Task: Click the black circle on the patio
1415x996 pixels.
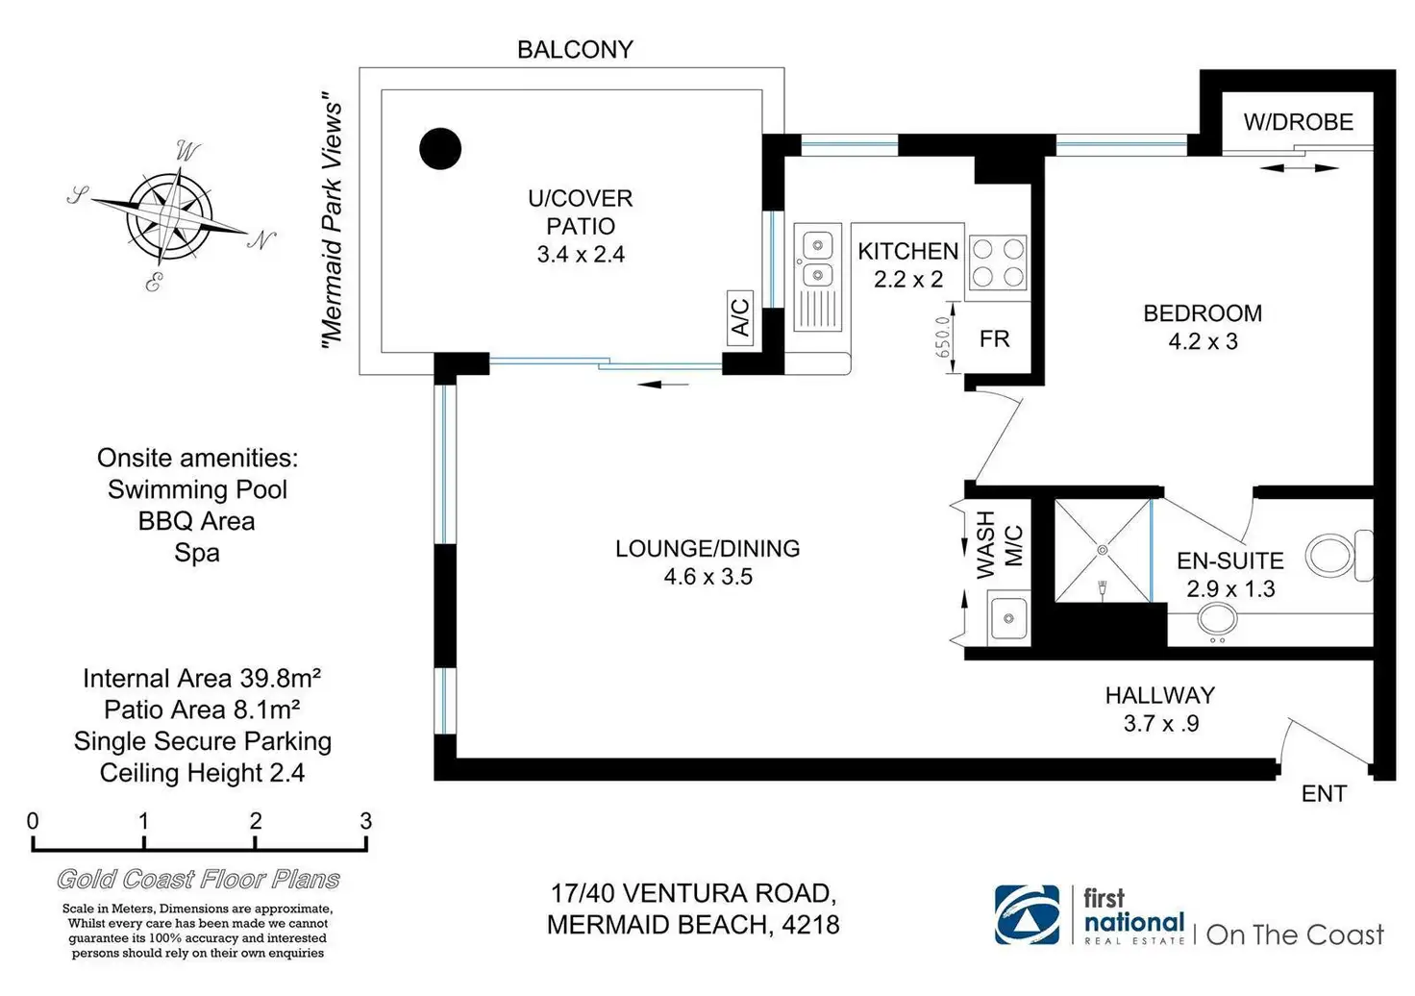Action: (440, 148)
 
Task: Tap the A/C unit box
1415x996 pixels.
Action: (740, 317)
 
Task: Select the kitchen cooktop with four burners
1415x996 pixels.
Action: (998, 262)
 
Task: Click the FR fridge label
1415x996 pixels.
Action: (994, 339)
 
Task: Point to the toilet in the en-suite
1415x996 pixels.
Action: (1339, 555)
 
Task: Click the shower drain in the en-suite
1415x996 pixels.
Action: (1103, 550)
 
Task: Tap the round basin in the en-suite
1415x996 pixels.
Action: (1217, 619)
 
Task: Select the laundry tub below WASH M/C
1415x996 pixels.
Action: (1008, 618)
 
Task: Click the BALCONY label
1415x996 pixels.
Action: (575, 50)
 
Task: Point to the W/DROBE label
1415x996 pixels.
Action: (1298, 122)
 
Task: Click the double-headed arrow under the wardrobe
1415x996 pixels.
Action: (1299, 168)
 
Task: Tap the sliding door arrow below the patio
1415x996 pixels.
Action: (662, 384)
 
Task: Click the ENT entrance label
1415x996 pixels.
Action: (1324, 794)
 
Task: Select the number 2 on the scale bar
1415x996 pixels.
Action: (255, 821)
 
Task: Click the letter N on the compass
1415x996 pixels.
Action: (261, 239)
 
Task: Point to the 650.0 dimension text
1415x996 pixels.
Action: (942, 337)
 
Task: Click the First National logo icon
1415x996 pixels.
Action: (1028, 914)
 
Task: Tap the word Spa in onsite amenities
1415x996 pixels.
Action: (197, 553)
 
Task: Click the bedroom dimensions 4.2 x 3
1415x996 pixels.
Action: (1203, 341)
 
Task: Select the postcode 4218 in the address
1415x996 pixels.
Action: (810, 925)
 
